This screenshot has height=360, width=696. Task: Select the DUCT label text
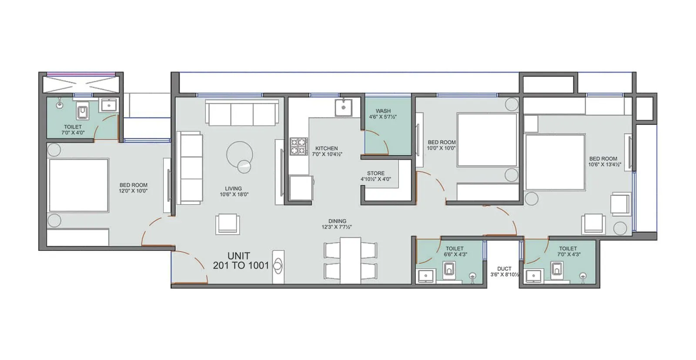coord(504,269)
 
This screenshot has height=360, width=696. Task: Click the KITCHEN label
coord(327,148)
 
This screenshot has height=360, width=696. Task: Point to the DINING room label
coord(337,221)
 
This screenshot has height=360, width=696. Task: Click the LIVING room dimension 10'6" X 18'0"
coord(234,195)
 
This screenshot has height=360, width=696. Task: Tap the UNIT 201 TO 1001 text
coord(240,261)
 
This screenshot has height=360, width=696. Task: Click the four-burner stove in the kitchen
coord(299,147)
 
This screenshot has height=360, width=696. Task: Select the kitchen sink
coord(343,107)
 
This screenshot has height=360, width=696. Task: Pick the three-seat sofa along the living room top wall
coord(242,113)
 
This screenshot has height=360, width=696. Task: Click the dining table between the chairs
coord(350,260)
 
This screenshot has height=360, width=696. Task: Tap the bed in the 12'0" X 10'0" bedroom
coord(78,185)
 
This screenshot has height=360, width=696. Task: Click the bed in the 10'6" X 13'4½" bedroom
coord(555,162)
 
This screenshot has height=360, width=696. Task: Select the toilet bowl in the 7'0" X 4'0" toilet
coord(83,112)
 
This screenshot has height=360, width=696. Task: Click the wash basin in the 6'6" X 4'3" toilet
coord(425,276)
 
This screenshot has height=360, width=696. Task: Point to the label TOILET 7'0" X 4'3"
coord(568,251)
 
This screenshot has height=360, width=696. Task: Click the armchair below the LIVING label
coord(228,224)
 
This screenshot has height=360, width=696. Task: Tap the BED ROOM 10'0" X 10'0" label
coord(442,145)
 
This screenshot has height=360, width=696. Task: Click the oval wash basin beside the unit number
coord(278,265)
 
